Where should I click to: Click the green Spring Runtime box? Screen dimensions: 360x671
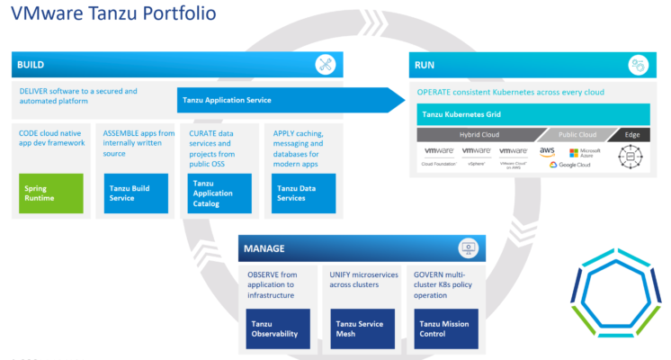pos(50,193)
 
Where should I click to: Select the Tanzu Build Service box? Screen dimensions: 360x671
pos(136,193)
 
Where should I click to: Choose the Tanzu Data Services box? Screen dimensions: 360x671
pos(303,193)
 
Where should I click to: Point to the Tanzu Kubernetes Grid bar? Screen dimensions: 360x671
pos(532,114)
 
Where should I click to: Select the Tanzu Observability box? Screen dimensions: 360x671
pos(278,328)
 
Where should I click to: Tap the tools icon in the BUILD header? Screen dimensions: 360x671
pos(326,65)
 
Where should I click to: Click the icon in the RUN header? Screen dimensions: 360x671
pos(638,65)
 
